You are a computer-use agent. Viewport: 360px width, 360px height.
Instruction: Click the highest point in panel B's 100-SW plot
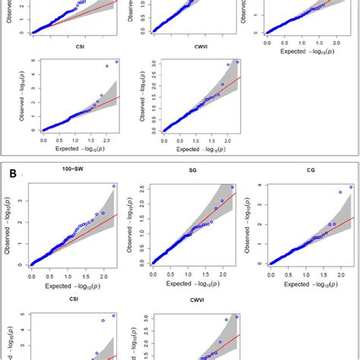coord(113,186)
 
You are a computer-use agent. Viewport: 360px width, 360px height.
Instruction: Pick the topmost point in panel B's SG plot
coord(233,187)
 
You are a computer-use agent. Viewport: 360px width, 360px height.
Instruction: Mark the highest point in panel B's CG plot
coord(350,187)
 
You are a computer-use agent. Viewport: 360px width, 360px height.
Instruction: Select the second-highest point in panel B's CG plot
coord(341,192)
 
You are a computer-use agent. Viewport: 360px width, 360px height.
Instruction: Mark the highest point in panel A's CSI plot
coord(117,62)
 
